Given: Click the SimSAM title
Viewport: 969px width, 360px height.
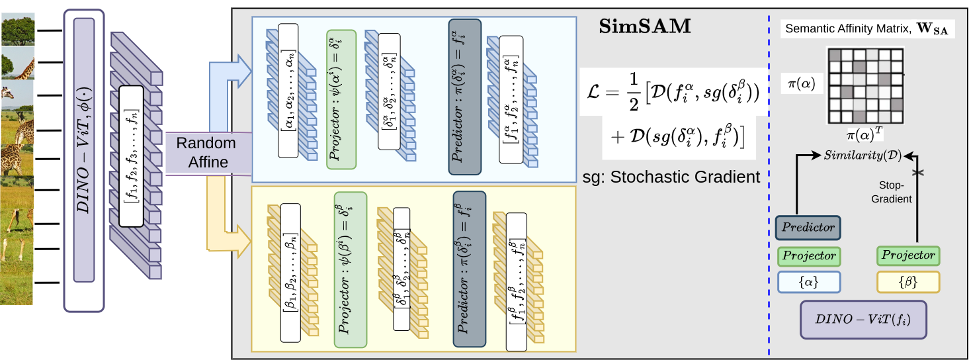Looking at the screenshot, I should point(644,27).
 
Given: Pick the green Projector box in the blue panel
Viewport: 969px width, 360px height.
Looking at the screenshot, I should point(341,99).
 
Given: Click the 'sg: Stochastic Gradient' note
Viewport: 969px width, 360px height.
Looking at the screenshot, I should point(671,177).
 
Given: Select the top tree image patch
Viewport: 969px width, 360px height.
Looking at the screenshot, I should point(18,28).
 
